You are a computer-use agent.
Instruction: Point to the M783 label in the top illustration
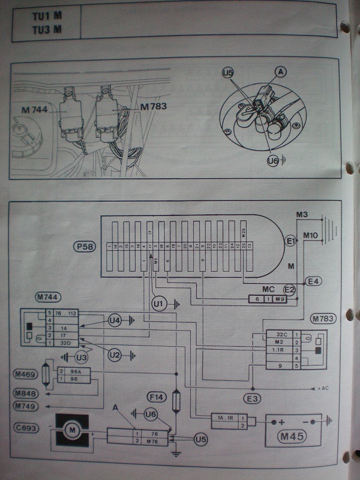[152, 107]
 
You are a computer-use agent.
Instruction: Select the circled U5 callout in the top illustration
[227, 73]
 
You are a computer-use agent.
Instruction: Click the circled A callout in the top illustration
[280, 71]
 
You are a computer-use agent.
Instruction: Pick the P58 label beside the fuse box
[83, 247]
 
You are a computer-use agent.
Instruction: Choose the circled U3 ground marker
[82, 358]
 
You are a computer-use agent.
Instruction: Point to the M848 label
[26, 394]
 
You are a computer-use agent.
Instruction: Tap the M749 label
[26, 406]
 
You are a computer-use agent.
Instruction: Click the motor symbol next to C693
[73, 429]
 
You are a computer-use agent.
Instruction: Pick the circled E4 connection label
[313, 280]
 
